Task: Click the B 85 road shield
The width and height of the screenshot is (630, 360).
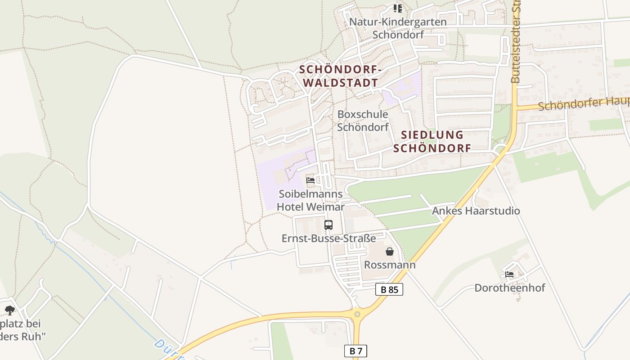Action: [x=389, y=289]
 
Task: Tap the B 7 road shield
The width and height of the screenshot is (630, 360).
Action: [x=355, y=351]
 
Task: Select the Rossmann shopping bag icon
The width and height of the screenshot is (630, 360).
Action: [x=390, y=252]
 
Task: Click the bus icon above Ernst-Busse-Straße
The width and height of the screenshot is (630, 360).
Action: [x=328, y=225]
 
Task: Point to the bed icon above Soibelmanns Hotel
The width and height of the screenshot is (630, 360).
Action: [x=310, y=180]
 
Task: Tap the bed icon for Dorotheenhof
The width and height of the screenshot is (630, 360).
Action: [x=509, y=274]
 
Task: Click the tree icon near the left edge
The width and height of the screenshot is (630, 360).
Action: [x=10, y=310]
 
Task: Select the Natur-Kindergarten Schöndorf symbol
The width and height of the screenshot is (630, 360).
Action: [x=397, y=8]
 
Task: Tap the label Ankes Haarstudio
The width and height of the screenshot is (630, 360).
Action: [x=476, y=211]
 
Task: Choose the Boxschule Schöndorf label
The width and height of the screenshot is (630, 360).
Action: [x=363, y=121]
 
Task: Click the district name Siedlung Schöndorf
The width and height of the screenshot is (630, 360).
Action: [x=432, y=141]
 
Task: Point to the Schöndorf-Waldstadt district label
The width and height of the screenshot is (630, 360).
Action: [x=341, y=76]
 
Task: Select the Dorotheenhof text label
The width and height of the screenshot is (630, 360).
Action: [x=509, y=288]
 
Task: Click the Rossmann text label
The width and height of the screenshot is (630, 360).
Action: [x=390, y=265]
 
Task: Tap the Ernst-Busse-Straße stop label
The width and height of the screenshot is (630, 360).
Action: [x=328, y=238]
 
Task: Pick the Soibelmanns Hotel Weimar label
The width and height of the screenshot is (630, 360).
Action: [x=310, y=200]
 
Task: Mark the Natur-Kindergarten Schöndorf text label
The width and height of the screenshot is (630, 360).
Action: [x=398, y=28]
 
